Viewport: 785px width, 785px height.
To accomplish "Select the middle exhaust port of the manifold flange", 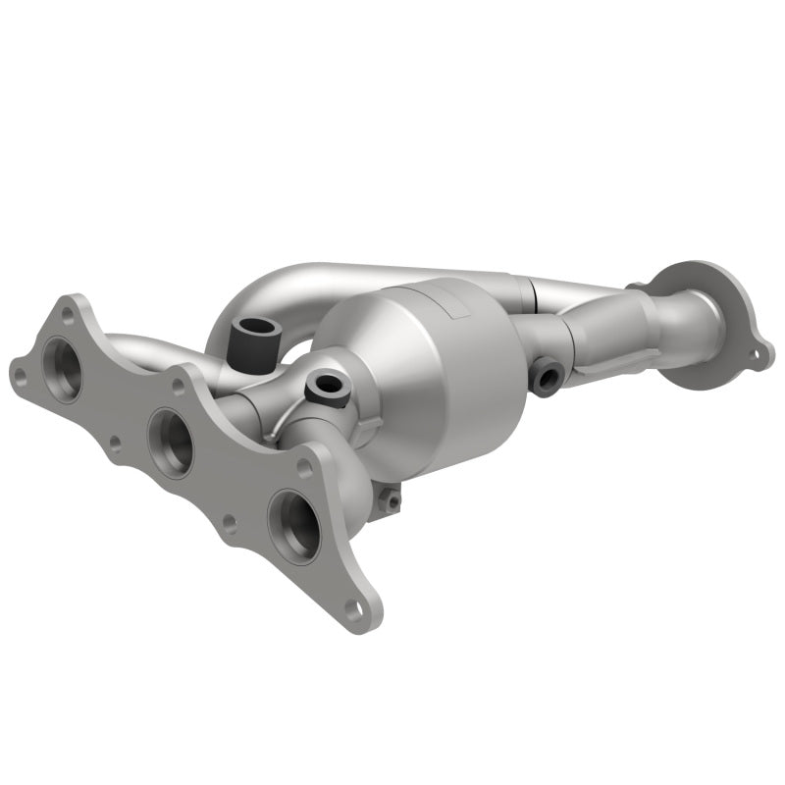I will pyautogui.click(x=172, y=443).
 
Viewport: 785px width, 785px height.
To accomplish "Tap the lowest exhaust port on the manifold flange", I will pyautogui.click(x=295, y=524).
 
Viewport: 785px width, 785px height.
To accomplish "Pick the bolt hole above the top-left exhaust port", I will pyautogui.click(x=67, y=314).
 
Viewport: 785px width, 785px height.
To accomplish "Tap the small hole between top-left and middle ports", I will pyautogui.click(x=115, y=443).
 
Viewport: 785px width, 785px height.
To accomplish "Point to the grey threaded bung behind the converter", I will pyautogui.click(x=546, y=374).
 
